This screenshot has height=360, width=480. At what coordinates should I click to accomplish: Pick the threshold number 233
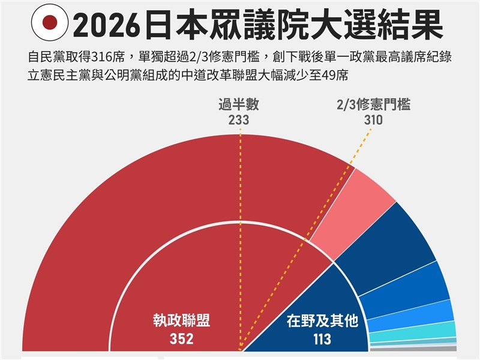pos(239,120)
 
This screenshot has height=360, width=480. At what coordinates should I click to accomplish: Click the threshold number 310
pos(373,120)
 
